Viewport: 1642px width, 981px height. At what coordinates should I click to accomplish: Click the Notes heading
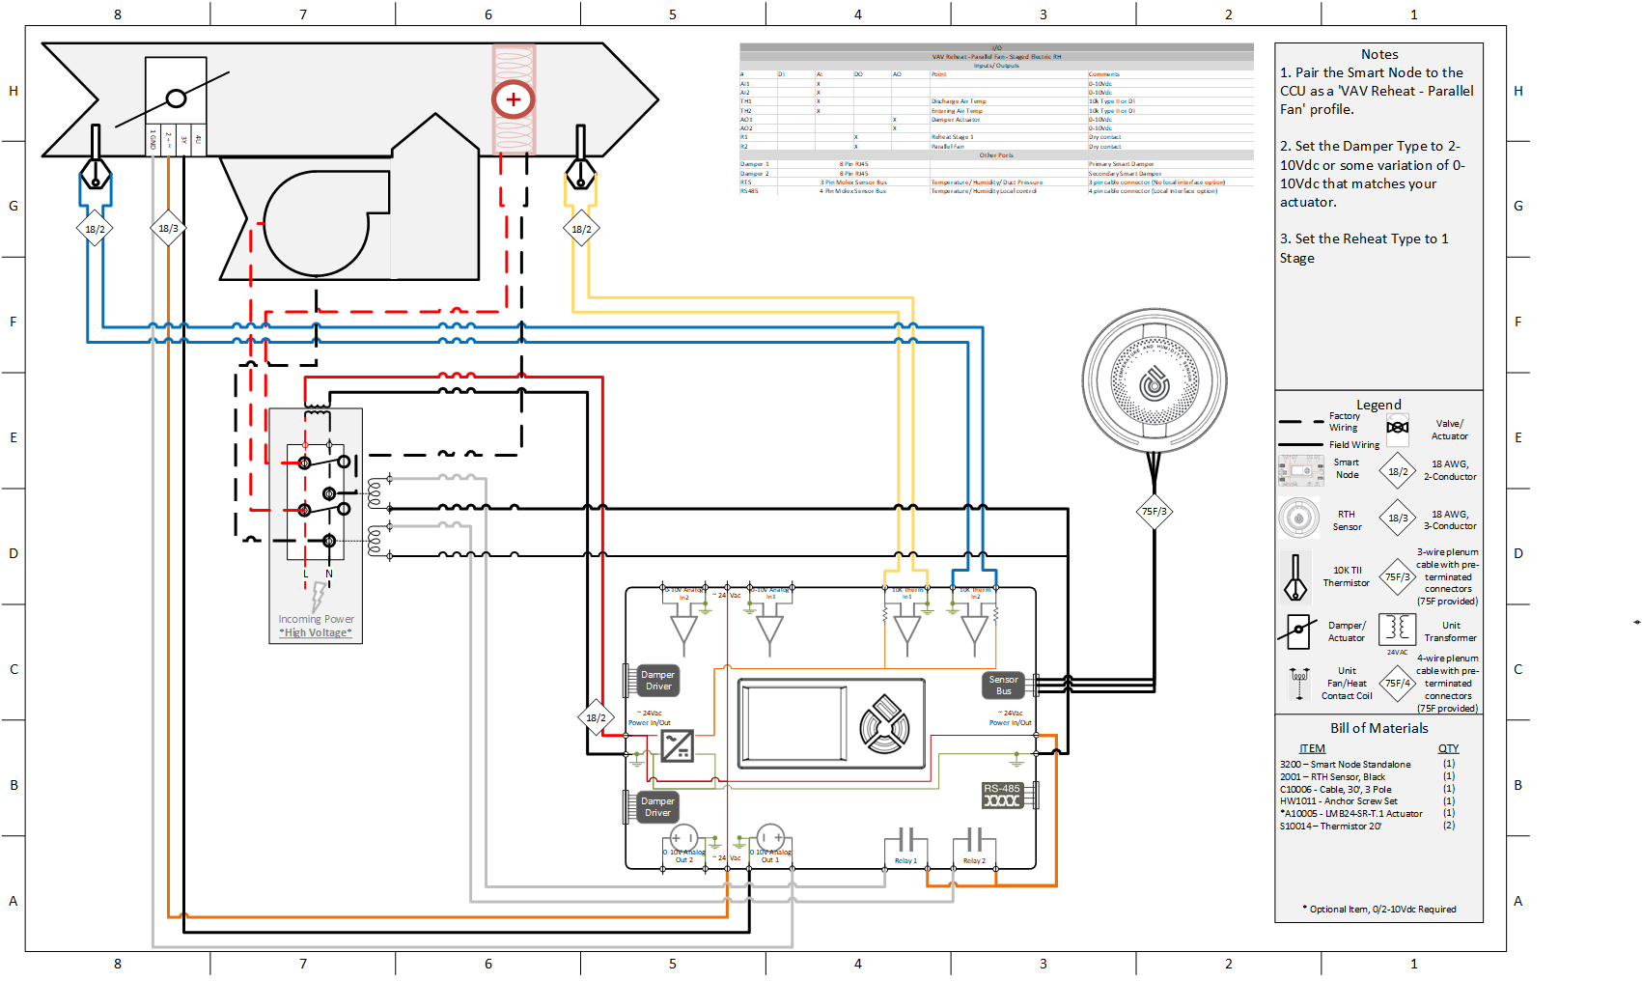tap(1379, 55)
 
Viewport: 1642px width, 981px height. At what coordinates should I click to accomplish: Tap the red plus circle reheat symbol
tap(513, 98)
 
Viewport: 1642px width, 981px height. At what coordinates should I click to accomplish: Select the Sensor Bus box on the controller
tap(1003, 685)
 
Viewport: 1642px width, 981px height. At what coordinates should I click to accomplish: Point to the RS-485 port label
tap(1002, 789)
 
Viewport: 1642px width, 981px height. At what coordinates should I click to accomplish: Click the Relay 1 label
tap(905, 860)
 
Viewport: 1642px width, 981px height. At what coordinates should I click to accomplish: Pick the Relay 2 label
tap(974, 860)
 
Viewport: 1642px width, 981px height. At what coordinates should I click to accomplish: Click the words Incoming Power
tap(316, 619)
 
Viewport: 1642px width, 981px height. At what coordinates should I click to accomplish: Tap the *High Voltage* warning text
tap(316, 632)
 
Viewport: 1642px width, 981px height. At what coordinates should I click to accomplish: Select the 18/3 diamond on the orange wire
tap(168, 229)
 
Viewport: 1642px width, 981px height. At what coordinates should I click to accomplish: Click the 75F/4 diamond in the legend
tap(1398, 684)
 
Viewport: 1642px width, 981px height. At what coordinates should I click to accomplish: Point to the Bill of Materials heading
tap(1378, 728)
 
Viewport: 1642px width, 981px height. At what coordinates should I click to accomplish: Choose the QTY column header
tap(1448, 748)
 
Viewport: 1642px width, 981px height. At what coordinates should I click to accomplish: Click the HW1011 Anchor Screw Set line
tap(1338, 800)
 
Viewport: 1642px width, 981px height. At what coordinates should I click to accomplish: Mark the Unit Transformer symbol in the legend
tap(1397, 629)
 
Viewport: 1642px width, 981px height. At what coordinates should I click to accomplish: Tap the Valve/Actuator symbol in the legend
tap(1397, 428)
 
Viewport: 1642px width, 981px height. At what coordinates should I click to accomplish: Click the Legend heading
tap(1378, 405)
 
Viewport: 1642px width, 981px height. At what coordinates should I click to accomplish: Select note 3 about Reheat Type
tap(1364, 248)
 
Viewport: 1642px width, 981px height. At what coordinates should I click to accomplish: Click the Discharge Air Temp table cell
tap(959, 101)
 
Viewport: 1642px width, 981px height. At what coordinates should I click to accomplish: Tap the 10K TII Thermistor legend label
tap(1347, 576)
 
